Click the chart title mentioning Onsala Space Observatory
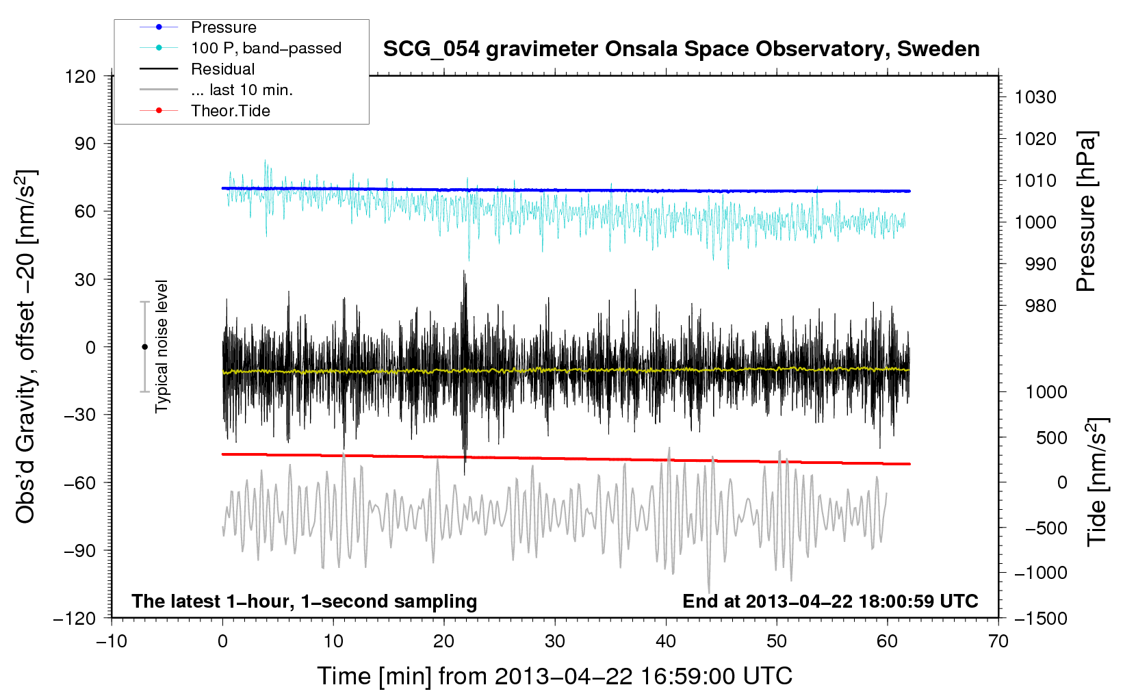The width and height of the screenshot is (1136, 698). click(x=681, y=49)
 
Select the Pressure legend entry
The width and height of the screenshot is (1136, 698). click(x=223, y=27)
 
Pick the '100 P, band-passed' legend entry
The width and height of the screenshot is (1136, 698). click(x=266, y=48)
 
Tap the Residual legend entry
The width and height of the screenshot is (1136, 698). click(x=222, y=69)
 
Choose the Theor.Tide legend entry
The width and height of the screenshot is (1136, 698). click(x=230, y=111)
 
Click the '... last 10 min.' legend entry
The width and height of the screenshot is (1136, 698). click(x=241, y=90)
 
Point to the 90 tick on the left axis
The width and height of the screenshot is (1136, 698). click(x=81, y=144)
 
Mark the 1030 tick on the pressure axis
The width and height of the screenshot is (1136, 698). click(x=1035, y=97)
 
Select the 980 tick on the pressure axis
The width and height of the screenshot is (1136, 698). click(x=1040, y=306)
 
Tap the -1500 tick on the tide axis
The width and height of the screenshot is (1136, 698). click(x=1040, y=618)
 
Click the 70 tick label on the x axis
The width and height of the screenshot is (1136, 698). click(x=998, y=641)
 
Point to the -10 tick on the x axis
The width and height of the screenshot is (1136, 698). click(x=112, y=641)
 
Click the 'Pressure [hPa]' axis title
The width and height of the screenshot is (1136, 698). click(x=1086, y=211)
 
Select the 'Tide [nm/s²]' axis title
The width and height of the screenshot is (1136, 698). click(x=1096, y=483)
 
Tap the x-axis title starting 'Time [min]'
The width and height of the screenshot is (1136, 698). click(x=554, y=676)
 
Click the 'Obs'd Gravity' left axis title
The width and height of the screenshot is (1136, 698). click(x=26, y=346)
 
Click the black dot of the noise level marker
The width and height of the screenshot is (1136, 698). click(x=144, y=347)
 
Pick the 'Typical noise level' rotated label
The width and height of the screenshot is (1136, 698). click(x=162, y=346)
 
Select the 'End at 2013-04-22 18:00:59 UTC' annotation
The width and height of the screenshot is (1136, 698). click(x=830, y=601)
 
